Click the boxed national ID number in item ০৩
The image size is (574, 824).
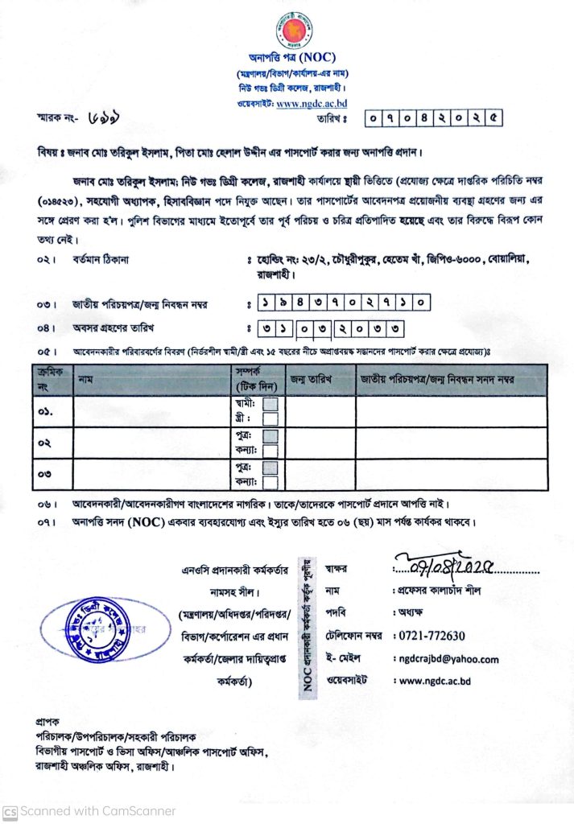point(344,303)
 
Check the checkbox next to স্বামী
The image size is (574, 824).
point(270,404)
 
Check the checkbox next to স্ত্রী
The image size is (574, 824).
point(270,418)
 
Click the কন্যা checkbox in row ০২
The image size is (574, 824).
point(270,450)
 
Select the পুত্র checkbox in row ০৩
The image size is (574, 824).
point(270,468)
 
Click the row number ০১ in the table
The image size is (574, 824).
point(45,411)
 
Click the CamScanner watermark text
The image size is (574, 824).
point(89,810)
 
